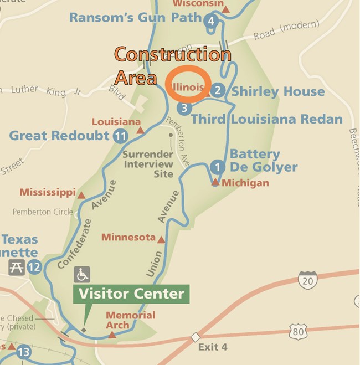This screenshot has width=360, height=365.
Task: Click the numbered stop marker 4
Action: (209, 22)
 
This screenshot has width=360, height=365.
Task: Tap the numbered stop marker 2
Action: (218, 91)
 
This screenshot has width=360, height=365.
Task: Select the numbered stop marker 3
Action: (184, 108)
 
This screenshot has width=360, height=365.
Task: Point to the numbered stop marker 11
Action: (120, 136)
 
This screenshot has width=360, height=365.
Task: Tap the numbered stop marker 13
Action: (24, 352)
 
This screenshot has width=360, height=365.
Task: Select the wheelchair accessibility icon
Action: (82, 274)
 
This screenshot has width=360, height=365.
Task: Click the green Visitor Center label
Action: (131, 294)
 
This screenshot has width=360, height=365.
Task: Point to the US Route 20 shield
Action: (307, 280)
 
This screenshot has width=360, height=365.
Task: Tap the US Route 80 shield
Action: (298, 332)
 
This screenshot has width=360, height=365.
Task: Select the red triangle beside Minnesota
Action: (162, 240)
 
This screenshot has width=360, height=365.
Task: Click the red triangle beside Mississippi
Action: (81, 196)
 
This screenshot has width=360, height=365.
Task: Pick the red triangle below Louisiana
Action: (140, 131)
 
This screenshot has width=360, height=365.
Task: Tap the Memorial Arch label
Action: (130, 321)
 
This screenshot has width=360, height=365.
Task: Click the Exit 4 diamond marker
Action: (195, 337)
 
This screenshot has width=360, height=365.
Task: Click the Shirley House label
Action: (277, 91)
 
